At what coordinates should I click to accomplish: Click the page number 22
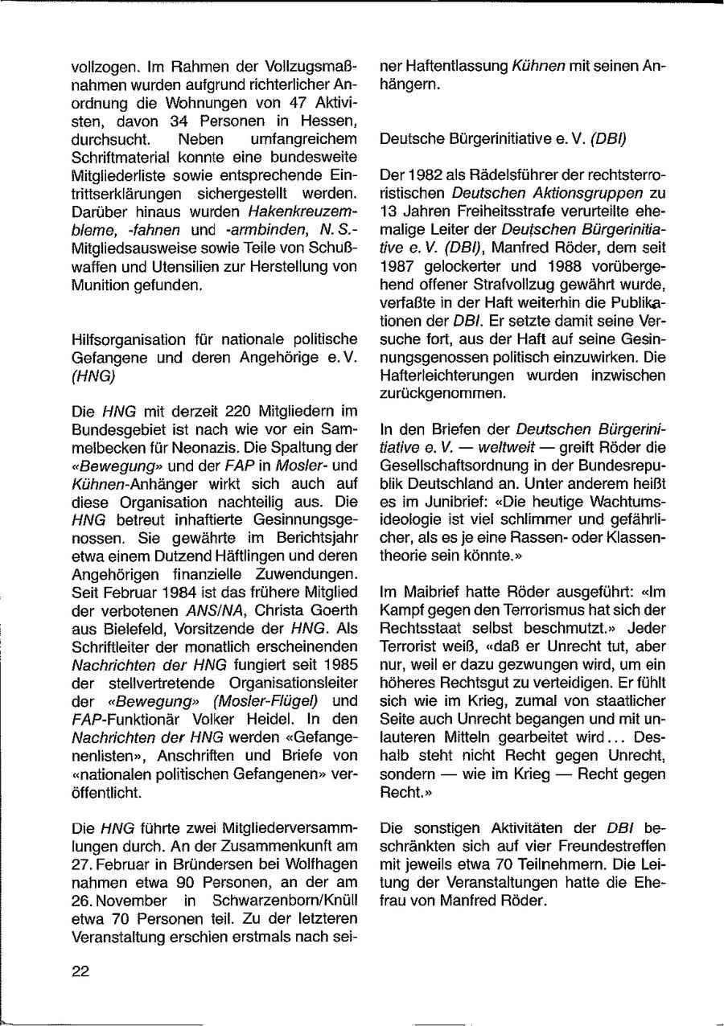[80, 971]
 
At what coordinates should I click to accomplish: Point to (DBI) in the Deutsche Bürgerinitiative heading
[609, 138]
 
